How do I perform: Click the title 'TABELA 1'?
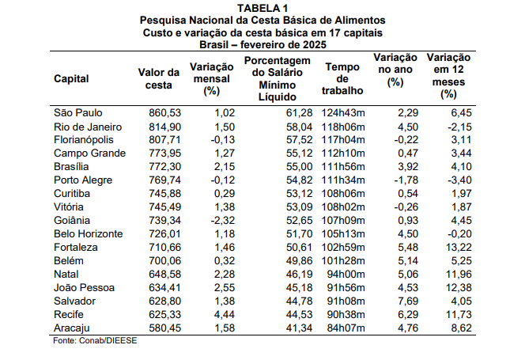263,8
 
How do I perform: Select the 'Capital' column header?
71,78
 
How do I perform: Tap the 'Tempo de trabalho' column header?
342,78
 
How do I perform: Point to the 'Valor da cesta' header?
159,78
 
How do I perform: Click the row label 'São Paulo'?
78,113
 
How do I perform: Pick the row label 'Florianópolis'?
84,140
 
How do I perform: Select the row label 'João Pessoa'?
84,288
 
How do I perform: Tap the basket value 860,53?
165,113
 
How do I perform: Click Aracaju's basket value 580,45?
165,328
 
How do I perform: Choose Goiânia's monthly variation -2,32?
223,221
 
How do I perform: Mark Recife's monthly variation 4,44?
225,315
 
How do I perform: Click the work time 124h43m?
343,113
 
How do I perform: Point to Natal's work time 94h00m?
346,275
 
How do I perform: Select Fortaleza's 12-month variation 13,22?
459,247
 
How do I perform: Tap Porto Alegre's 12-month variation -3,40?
459,180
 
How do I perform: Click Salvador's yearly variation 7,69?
408,301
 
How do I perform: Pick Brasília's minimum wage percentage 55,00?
299,166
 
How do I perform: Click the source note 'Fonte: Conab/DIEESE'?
95,340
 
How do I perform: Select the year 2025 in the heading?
315,45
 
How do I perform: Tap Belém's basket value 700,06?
165,261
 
